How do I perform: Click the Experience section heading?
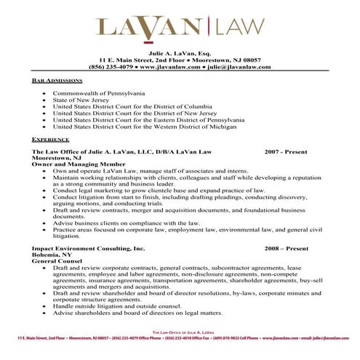click(x=51, y=138)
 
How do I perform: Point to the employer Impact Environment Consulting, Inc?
click(x=88, y=249)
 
